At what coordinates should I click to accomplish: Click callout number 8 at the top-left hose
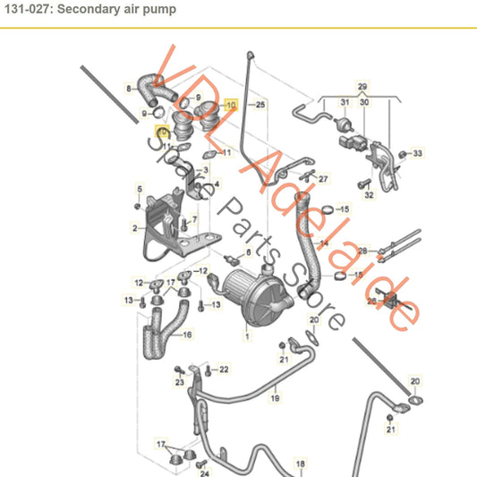(129, 88)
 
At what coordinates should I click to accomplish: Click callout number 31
(343, 103)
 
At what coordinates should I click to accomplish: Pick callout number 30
(363, 103)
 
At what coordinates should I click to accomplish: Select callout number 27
(323, 179)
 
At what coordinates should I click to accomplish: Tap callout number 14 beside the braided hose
(324, 243)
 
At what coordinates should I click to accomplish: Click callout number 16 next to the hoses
(186, 335)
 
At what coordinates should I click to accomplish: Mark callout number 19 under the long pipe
(276, 396)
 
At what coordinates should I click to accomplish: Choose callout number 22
(223, 369)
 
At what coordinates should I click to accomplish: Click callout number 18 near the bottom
(301, 463)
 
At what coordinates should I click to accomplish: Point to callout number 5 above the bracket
(139, 187)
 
